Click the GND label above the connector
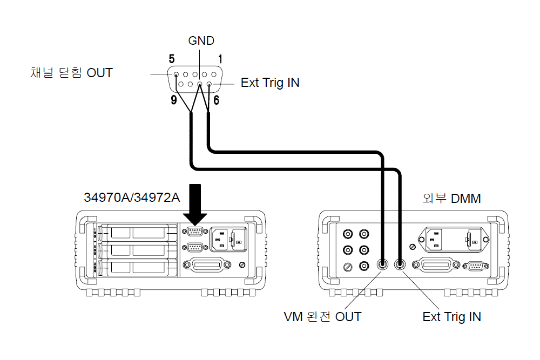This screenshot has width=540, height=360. pyautogui.click(x=201, y=41)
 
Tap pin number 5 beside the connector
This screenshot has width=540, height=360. pyautogui.click(x=172, y=58)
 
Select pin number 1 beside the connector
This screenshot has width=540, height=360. pyautogui.click(x=220, y=58)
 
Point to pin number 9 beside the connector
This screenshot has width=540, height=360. pyautogui.click(x=174, y=100)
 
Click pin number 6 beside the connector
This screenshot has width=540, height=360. pyautogui.click(x=216, y=100)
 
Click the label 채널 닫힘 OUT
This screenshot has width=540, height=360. pyautogui.click(x=72, y=73)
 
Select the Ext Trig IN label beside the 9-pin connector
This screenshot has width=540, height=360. pyautogui.click(x=270, y=83)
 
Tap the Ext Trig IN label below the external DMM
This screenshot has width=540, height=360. pyautogui.click(x=451, y=317)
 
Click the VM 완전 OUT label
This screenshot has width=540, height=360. pyautogui.click(x=322, y=317)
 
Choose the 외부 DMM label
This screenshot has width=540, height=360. pyautogui.click(x=451, y=198)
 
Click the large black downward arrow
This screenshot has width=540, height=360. pyautogui.click(x=195, y=204)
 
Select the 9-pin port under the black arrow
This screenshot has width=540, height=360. pyautogui.click(x=194, y=233)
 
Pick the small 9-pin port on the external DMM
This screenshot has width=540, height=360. pyautogui.click(x=475, y=265)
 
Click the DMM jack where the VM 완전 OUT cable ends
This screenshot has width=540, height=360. pyautogui.click(x=383, y=264)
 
